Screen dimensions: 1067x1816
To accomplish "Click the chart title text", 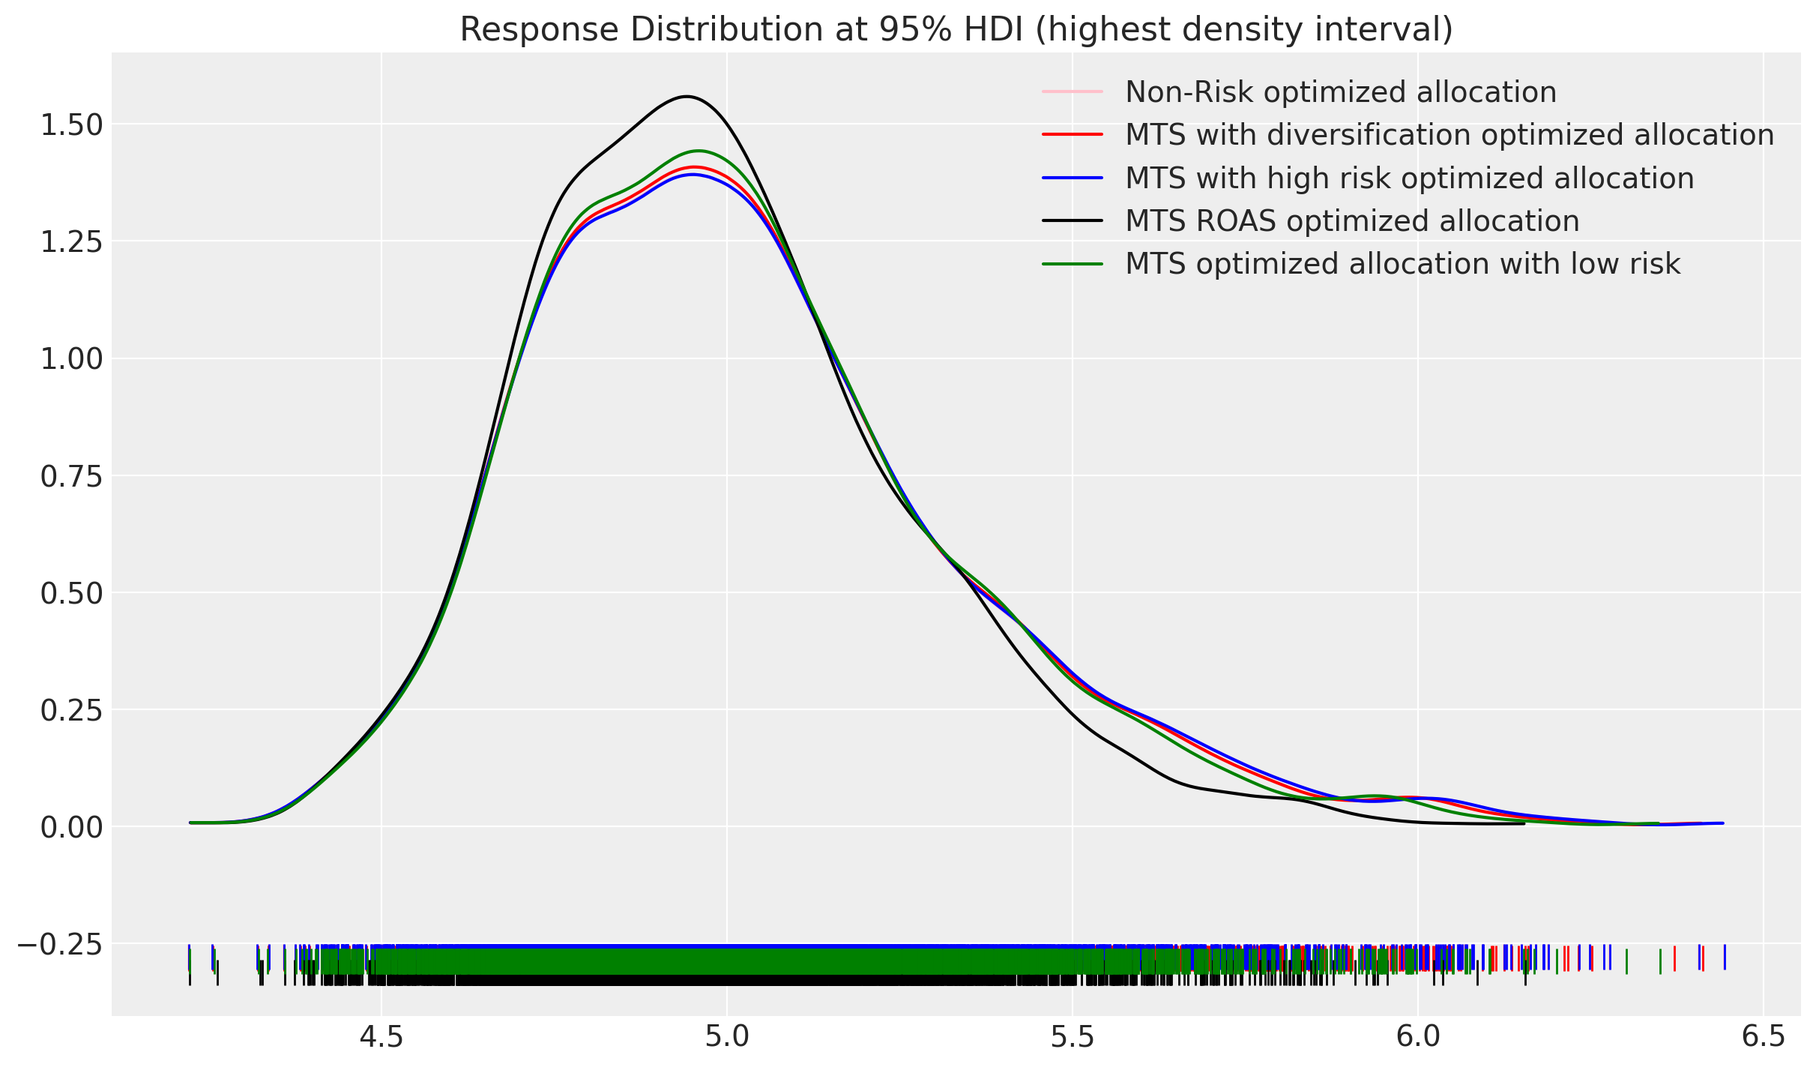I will point(956,30).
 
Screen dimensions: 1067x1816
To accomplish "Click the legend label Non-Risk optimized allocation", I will point(1340,92).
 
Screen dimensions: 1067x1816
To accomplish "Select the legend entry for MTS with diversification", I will point(1449,135).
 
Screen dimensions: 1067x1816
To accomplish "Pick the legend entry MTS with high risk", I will point(1409,178).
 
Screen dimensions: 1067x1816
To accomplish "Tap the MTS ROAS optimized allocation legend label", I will point(1351,221).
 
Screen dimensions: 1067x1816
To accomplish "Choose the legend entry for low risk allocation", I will point(1402,264).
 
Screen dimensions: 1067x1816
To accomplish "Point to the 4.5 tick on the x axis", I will point(381,1037).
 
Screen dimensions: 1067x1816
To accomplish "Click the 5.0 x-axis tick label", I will point(727,1037).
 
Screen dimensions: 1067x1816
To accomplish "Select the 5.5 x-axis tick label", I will point(1073,1037).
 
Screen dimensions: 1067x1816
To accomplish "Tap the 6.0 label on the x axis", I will point(1418,1037).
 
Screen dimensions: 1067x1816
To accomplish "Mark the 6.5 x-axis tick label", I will point(1764,1037).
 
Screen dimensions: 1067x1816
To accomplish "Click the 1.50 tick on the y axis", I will point(71,124).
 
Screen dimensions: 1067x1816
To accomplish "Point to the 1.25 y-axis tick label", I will point(71,241).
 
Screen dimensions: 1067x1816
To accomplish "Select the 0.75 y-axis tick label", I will point(71,476).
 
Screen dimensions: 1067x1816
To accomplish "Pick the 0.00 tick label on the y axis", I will point(71,827).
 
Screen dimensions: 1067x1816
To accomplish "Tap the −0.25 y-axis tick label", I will point(59,944).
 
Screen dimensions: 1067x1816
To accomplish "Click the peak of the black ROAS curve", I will point(687,96).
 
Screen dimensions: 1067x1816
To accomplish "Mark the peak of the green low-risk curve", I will point(699,151).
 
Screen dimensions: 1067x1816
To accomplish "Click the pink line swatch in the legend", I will point(1073,92).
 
